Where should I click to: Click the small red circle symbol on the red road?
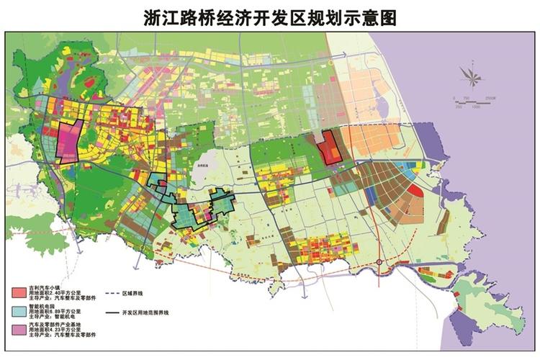coord(379,261)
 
